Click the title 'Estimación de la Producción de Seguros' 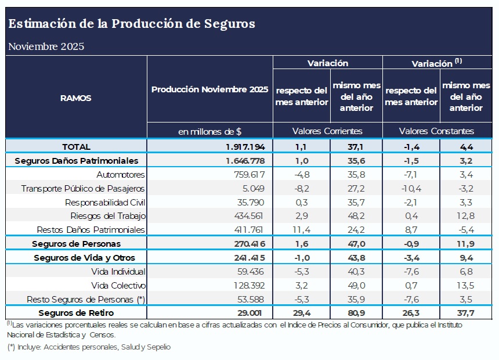point(131,24)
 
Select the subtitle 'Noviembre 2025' point(46,46)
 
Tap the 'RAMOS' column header point(76,98)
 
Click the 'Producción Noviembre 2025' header point(209,89)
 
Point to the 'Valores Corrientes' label point(327,131)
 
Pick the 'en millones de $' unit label point(209,131)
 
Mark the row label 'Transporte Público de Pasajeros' point(83,189)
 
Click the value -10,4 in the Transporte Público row point(410,189)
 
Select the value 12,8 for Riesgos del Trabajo point(465,216)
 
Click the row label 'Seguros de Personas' point(76,244)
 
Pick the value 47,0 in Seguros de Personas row point(356,244)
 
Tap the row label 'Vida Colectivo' point(118,286)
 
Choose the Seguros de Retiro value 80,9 point(356,313)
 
